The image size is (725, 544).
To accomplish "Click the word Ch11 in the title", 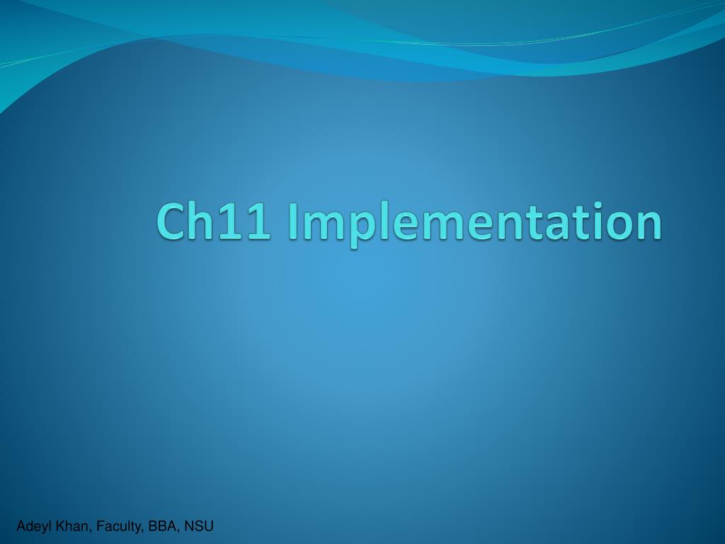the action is click(x=214, y=221).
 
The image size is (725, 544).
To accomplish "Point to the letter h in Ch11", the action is click(x=202, y=220).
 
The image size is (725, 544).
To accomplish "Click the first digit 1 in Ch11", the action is click(x=230, y=222).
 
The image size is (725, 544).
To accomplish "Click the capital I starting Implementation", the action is click(x=292, y=222).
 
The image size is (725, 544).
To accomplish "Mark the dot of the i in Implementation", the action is click(x=596, y=205).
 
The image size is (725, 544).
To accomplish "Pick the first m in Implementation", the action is click(x=323, y=226).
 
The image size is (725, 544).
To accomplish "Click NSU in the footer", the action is click(x=199, y=526).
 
